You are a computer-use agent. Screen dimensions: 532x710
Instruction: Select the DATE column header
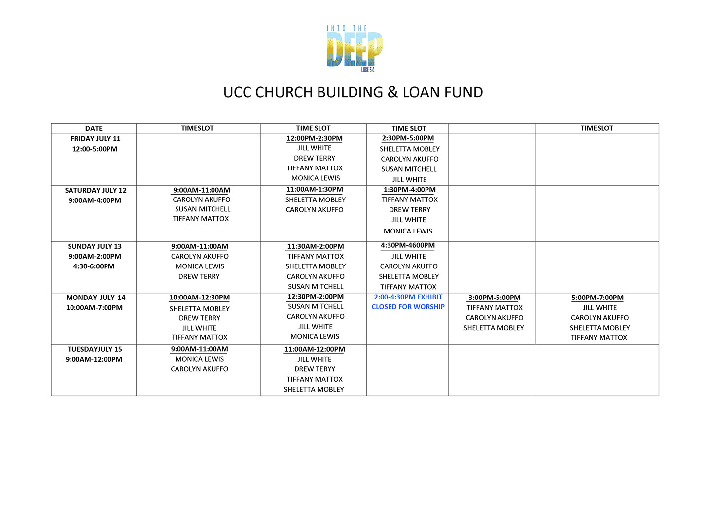pyautogui.click(x=94, y=128)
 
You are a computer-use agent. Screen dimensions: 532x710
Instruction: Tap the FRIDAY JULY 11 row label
pyautogui.click(x=95, y=139)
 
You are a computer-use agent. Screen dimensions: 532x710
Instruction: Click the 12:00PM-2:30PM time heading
pyautogui.click(x=315, y=138)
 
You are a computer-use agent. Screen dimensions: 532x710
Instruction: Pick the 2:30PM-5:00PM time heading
pyautogui.click(x=408, y=138)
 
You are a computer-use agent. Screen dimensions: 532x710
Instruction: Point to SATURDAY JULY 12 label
pyautogui.click(x=96, y=190)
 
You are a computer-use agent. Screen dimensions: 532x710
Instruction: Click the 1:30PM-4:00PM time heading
pyautogui.click(x=409, y=190)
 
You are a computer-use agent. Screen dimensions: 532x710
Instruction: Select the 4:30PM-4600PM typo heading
pyautogui.click(x=408, y=245)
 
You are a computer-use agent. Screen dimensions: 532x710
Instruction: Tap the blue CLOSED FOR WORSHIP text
pyautogui.click(x=408, y=307)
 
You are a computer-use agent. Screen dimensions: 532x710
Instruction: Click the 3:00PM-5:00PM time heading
pyautogui.click(x=495, y=298)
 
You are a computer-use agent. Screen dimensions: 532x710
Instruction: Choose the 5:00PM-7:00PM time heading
pyautogui.click(x=598, y=298)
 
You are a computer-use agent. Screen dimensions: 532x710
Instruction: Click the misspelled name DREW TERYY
pyautogui.click(x=315, y=369)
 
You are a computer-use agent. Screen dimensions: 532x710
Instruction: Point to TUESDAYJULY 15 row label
pyautogui.click(x=95, y=349)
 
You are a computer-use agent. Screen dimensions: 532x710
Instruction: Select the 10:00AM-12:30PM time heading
pyautogui.click(x=199, y=298)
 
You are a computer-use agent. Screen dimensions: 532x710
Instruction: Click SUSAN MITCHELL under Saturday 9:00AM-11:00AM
pyautogui.click(x=203, y=209)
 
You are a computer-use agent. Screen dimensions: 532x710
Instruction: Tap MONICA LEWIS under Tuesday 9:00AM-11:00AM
pyautogui.click(x=199, y=359)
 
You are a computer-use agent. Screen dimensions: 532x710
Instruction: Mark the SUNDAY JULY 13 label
pyautogui.click(x=95, y=246)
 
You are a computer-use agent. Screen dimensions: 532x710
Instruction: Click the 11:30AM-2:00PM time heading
pyautogui.click(x=316, y=246)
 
